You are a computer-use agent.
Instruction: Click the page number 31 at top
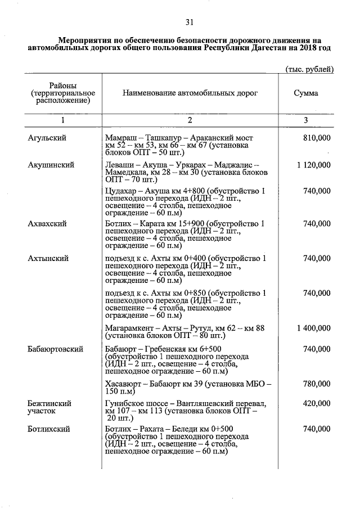(190, 22)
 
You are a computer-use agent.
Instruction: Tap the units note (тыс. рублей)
(307, 69)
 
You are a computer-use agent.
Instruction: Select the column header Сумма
(306, 93)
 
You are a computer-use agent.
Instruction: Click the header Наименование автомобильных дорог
(190, 93)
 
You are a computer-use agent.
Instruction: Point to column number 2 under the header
(190, 120)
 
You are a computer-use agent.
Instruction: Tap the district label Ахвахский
(47, 223)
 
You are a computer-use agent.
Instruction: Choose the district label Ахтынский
(48, 258)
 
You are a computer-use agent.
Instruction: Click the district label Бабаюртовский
(56, 349)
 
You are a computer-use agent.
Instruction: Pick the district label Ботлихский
(49, 429)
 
